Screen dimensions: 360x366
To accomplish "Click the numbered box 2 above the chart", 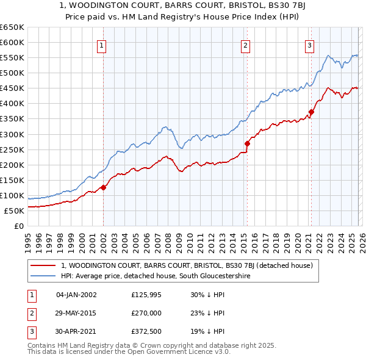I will [245, 45].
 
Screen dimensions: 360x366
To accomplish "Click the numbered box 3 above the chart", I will [309, 45].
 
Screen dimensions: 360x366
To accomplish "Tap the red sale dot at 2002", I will [103, 187].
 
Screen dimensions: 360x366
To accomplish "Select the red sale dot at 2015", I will [247, 143].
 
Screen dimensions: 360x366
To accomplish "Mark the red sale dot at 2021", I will [311, 112].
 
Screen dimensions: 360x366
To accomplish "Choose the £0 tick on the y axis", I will [18, 226].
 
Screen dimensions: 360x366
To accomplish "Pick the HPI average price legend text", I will [156, 276].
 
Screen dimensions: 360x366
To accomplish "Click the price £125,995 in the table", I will [146, 295].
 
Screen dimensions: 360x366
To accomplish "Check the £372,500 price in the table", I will [146, 331].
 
